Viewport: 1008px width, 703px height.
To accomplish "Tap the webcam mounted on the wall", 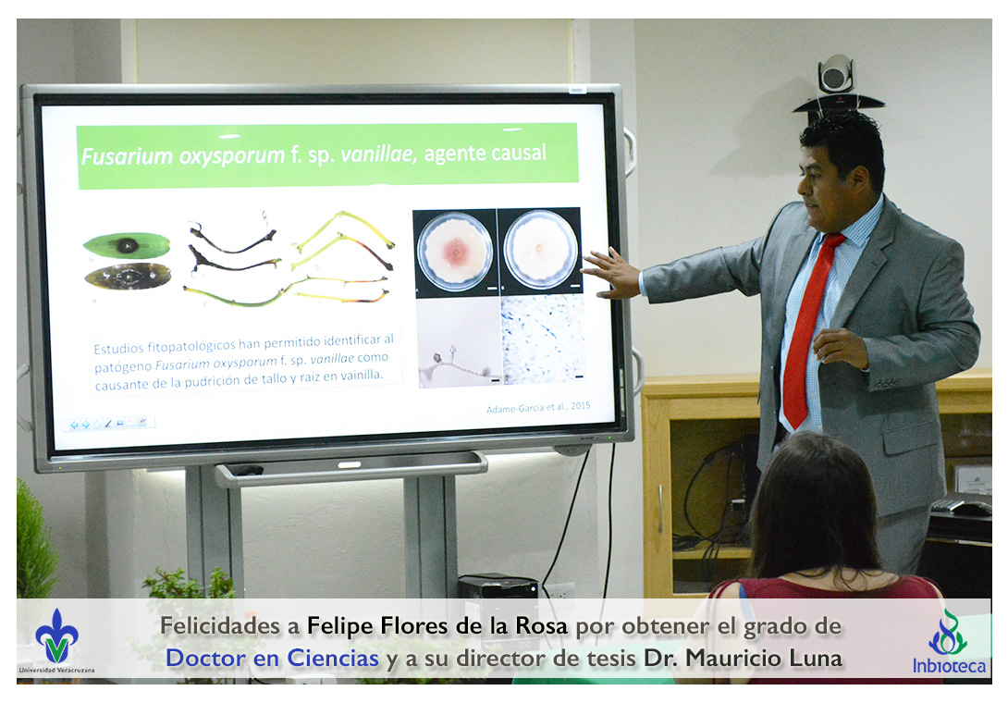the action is coord(836,84).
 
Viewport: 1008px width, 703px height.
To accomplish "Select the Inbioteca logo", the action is coord(949,643).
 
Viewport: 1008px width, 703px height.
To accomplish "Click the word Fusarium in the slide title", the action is coord(128,156).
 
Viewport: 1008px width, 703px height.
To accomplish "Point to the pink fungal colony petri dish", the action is coord(455,252).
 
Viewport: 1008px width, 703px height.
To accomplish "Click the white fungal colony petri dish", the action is coord(541,249).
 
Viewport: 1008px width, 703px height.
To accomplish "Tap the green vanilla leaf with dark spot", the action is coord(127,245).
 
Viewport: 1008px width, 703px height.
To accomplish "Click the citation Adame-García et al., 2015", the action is coord(538,407).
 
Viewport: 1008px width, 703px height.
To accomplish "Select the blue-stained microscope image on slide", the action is coord(543,339).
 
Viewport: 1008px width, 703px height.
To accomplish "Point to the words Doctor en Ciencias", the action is coord(272,658).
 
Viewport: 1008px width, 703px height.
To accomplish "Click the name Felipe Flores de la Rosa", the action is coord(437,625).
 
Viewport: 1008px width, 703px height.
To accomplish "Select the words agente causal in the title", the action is coord(486,153).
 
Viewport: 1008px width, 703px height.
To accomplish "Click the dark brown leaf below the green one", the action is coord(128,277).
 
